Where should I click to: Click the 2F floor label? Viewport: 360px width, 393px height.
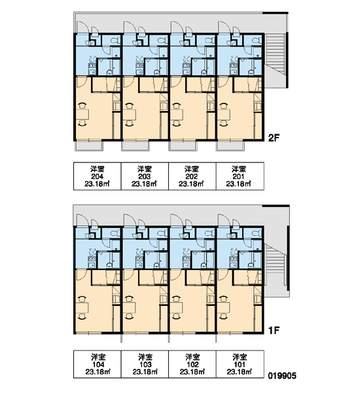(274, 138)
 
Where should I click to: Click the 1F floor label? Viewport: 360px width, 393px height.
(274, 331)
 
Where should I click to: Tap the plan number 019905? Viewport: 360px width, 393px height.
(282, 375)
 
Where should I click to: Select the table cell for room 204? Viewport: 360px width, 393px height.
(98, 176)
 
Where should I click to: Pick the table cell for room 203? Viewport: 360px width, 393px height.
(145, 176)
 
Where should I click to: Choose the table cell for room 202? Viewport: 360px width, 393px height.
(192, 176)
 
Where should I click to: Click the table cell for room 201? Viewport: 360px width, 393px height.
(240, 176)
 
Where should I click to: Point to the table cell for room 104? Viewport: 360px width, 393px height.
(98, 364)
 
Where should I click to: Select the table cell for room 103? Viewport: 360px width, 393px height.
(145, 364)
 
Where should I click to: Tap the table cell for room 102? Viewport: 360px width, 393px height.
(192, 364)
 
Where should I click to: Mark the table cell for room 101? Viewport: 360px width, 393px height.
(240, 364)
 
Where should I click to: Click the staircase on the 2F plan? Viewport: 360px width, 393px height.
(276, 61)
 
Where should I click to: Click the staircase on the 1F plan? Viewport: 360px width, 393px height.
(276, 266)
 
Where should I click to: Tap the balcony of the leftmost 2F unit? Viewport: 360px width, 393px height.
(89, 146)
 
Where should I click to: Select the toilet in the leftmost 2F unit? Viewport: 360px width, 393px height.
(115, 41)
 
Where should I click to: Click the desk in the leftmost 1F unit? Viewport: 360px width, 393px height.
(82, 308)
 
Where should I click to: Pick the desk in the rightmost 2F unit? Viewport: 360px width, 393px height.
(224, 115)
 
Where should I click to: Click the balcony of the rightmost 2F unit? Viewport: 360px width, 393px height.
(230, 146)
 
